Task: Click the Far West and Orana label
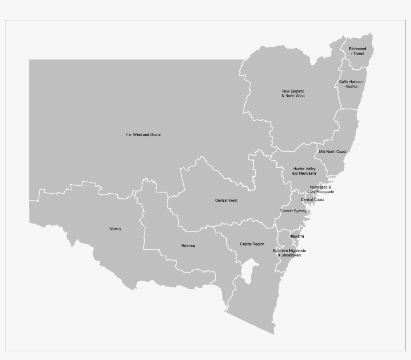pyautogui.click(x=143, y=135)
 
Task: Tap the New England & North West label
pyautogui.click(x=293, y=93)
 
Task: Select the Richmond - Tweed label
pyautogui.click(x=358, y=51)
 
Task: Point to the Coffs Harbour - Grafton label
pyautogui.click(x=351, y=84)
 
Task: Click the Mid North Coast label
pyautogui.click(x=333, y=151)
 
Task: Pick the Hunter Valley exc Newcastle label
pyautogui.click(x=305, y=171)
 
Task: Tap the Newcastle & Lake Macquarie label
pyautogui.click(x=321, y=189)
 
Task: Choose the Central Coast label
pyautogui.click(x=312, y=200)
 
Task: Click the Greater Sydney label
pyautogui.click(x=293, y=211)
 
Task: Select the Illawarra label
pyautogui.click(x=297, y=236)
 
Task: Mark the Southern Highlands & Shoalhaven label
pyautogui.click(x=289, y=253)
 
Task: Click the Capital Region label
pyautogui.click(x=252, y=244)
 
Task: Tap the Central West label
pyautogui.click(x=226, y=200)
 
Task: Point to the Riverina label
pyautogui.click(x=188, y=246)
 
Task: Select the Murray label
pyautogui.click(x=115, y=229)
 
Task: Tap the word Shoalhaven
pyautogui.click(x=291, y=255)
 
